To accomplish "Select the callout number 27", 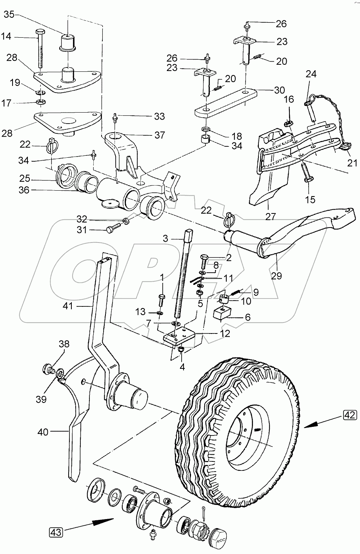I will pyautogui.click(x=271, y=216).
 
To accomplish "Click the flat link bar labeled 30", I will pyautogui.click(x=225, y=101).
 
